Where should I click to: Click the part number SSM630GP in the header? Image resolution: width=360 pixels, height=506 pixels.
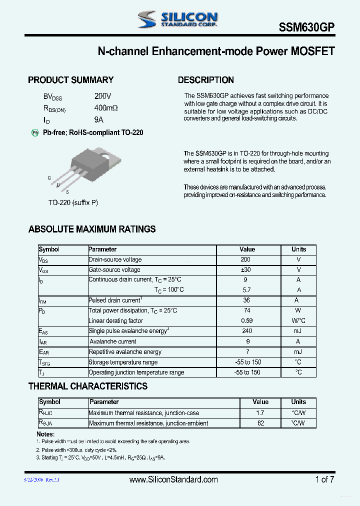click(306, 28)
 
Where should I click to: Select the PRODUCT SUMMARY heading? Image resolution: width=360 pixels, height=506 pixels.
click(70, 80)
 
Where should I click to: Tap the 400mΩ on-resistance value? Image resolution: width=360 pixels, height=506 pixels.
click(106, 108)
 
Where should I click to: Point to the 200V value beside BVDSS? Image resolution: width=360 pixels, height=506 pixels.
click(102, 96)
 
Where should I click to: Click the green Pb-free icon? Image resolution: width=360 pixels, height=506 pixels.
click(35, 132)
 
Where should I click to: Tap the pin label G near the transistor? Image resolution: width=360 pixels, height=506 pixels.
click(49, 178)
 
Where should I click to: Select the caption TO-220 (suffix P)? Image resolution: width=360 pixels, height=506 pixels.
click(73, 202)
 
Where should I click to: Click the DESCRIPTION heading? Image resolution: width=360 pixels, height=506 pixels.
click(205, 80)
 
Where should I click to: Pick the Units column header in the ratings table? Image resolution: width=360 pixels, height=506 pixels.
click(298, 249)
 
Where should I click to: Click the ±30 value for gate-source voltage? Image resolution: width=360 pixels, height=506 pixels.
click(245, 270)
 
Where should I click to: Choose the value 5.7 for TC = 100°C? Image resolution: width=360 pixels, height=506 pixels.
click(246, 290)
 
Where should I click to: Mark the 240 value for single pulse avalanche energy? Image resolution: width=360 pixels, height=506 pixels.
click(246, 331)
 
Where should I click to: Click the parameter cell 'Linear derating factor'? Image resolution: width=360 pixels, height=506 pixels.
click(115, 321)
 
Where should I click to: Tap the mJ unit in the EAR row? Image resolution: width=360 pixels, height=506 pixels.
click(298, 352)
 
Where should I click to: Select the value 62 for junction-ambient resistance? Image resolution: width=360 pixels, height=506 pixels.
click(260, 423)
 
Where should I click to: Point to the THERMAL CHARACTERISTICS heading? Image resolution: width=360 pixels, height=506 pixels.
click(87, 386)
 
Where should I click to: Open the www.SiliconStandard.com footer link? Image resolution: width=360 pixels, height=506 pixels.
click(173, 479)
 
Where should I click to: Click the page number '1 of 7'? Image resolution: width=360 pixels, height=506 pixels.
click(324, 479)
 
